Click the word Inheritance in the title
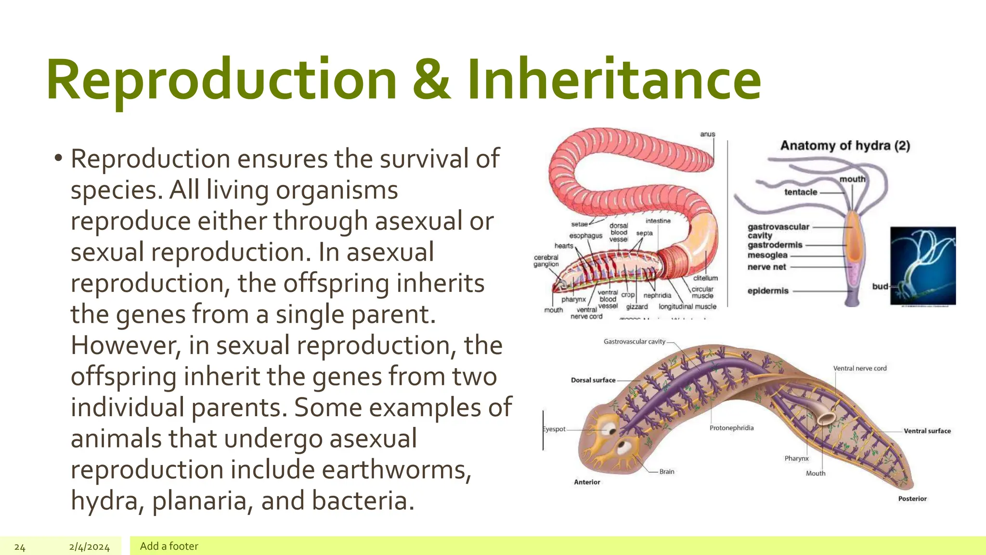click(614, 79)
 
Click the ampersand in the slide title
click(431, 79)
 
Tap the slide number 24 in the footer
click(20, 547)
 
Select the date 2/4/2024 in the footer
click(89, 547)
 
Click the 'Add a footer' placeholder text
click(169, 546)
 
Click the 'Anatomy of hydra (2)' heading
click(845, 145)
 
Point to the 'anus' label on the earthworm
click(707, 134)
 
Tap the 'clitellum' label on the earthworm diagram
click(705, 278)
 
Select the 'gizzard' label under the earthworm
click(636, 306)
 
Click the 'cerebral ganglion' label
click(546, 261)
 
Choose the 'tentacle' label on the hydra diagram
click(801, 192)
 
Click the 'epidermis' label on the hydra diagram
click(768, 291)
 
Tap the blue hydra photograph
click(923, 266)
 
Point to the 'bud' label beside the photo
click(880, 286)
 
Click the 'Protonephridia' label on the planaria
click(731, 428)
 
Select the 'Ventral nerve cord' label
click(859, 369)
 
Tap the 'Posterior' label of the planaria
click(912, 499)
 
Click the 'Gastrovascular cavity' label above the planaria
click(634, 342)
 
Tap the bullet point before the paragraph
click(58, 158)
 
